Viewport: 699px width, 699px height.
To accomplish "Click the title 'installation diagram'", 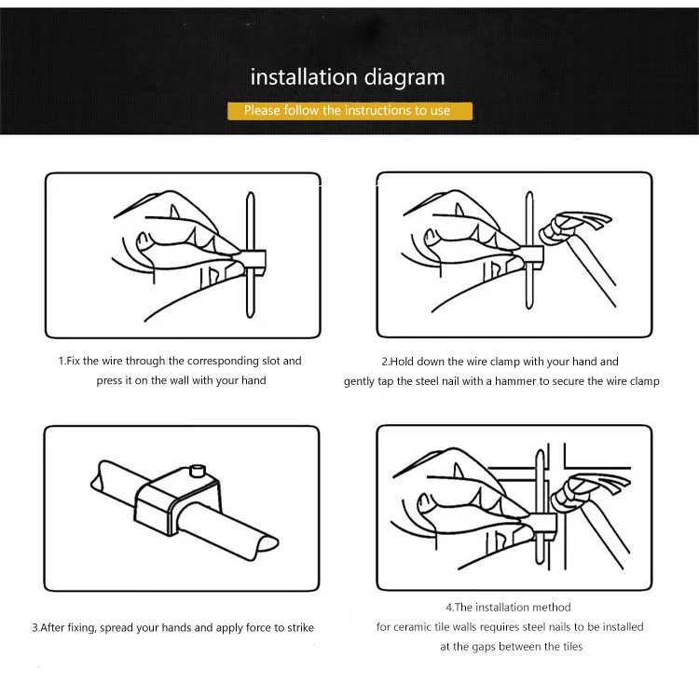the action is pos(348,77).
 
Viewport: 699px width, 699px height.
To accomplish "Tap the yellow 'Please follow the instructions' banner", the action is pos(349,111).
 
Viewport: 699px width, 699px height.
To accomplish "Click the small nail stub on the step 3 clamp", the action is pos(197,471).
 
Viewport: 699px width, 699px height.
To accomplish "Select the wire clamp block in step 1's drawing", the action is pos(254,260).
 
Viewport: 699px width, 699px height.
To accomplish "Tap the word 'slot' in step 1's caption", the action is pos(270,361).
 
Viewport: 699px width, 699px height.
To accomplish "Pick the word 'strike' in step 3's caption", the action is pos(300,627).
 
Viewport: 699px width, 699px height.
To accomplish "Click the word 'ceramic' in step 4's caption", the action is pos(409,627).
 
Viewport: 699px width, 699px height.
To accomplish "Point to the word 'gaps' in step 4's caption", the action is pos(484,648).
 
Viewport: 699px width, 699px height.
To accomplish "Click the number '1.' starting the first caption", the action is pos(62,361).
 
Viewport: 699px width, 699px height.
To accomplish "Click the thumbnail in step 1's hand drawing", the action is pos(143,240).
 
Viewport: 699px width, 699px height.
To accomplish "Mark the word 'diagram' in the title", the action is pos(404,78).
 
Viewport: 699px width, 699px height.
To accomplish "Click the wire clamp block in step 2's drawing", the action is pos(532,257).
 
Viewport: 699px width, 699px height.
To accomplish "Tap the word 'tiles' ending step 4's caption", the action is pos(572,647).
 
